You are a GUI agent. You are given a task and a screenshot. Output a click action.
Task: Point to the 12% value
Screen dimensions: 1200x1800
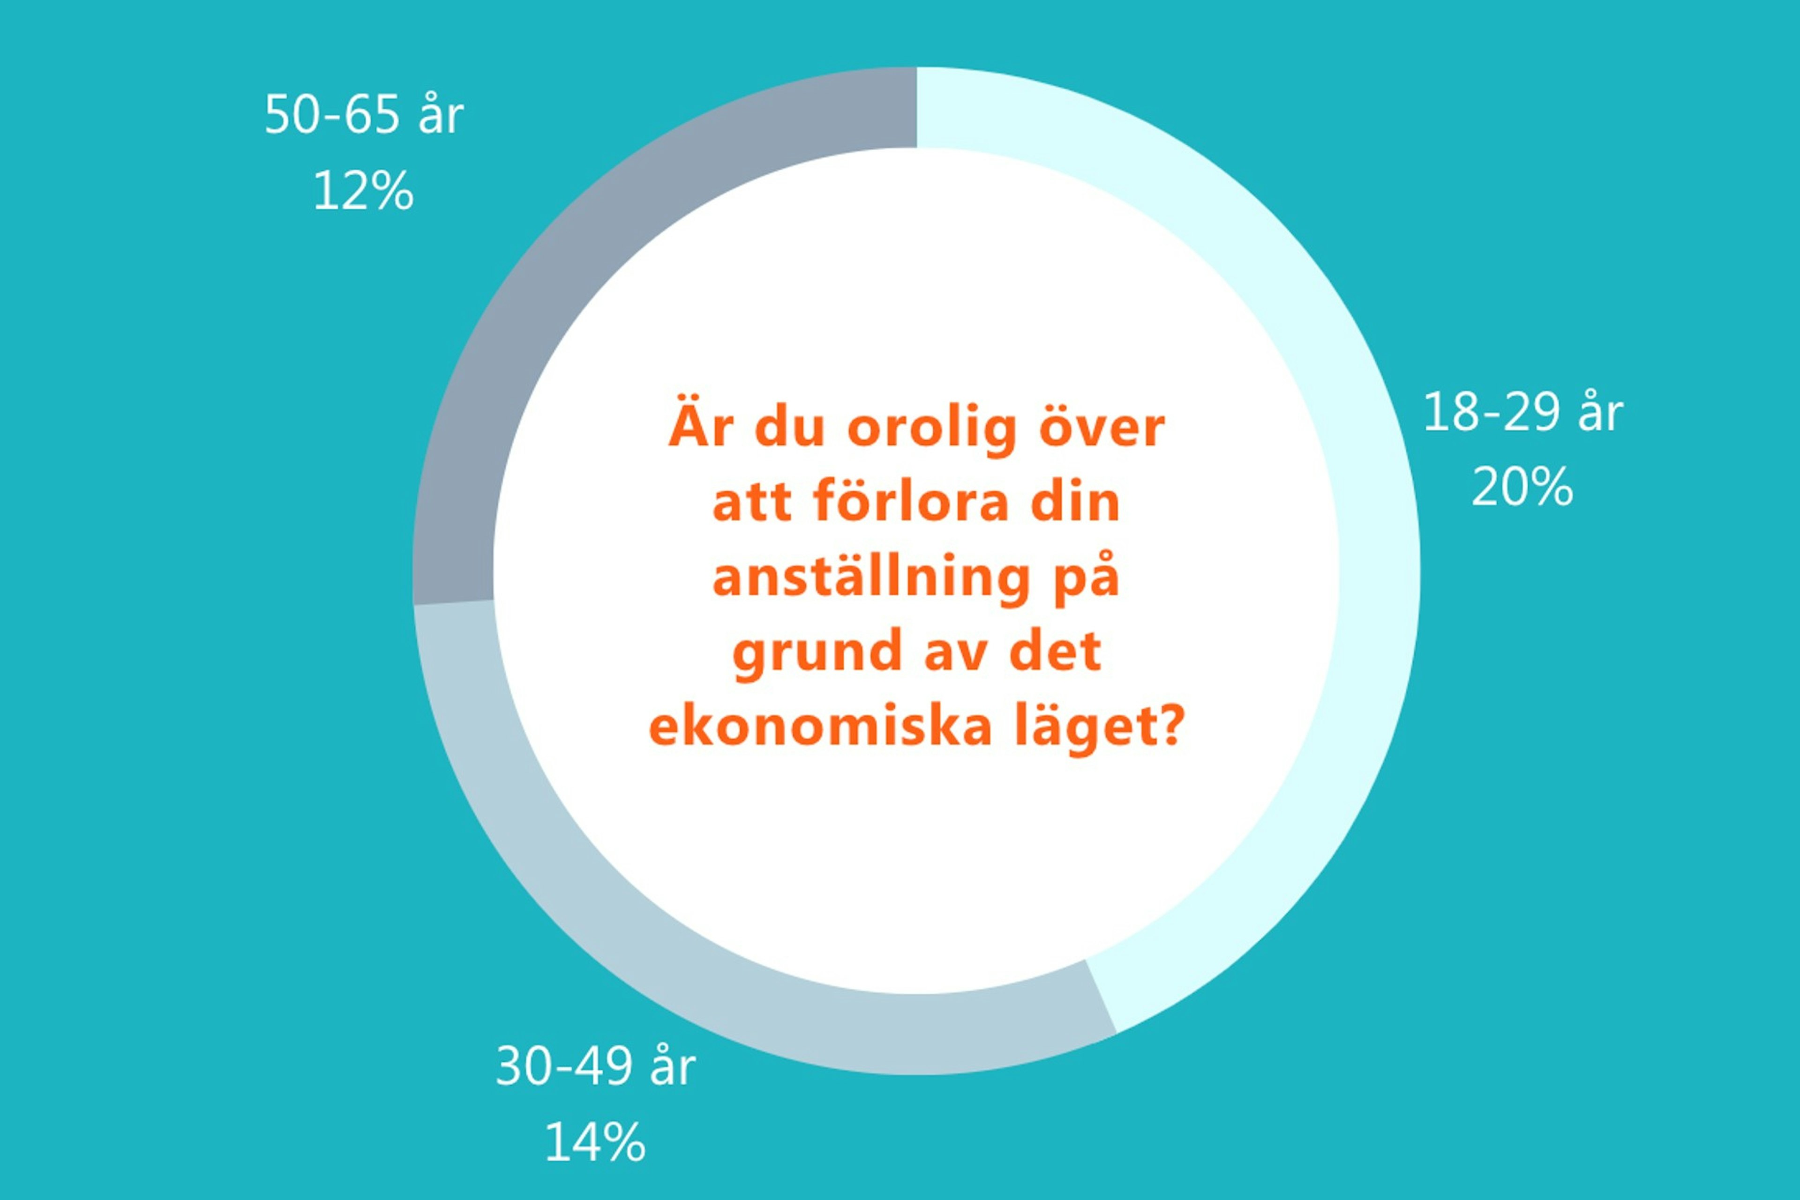[364, 191]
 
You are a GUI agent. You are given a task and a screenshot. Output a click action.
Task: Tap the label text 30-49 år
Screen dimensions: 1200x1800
[595, 1066]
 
